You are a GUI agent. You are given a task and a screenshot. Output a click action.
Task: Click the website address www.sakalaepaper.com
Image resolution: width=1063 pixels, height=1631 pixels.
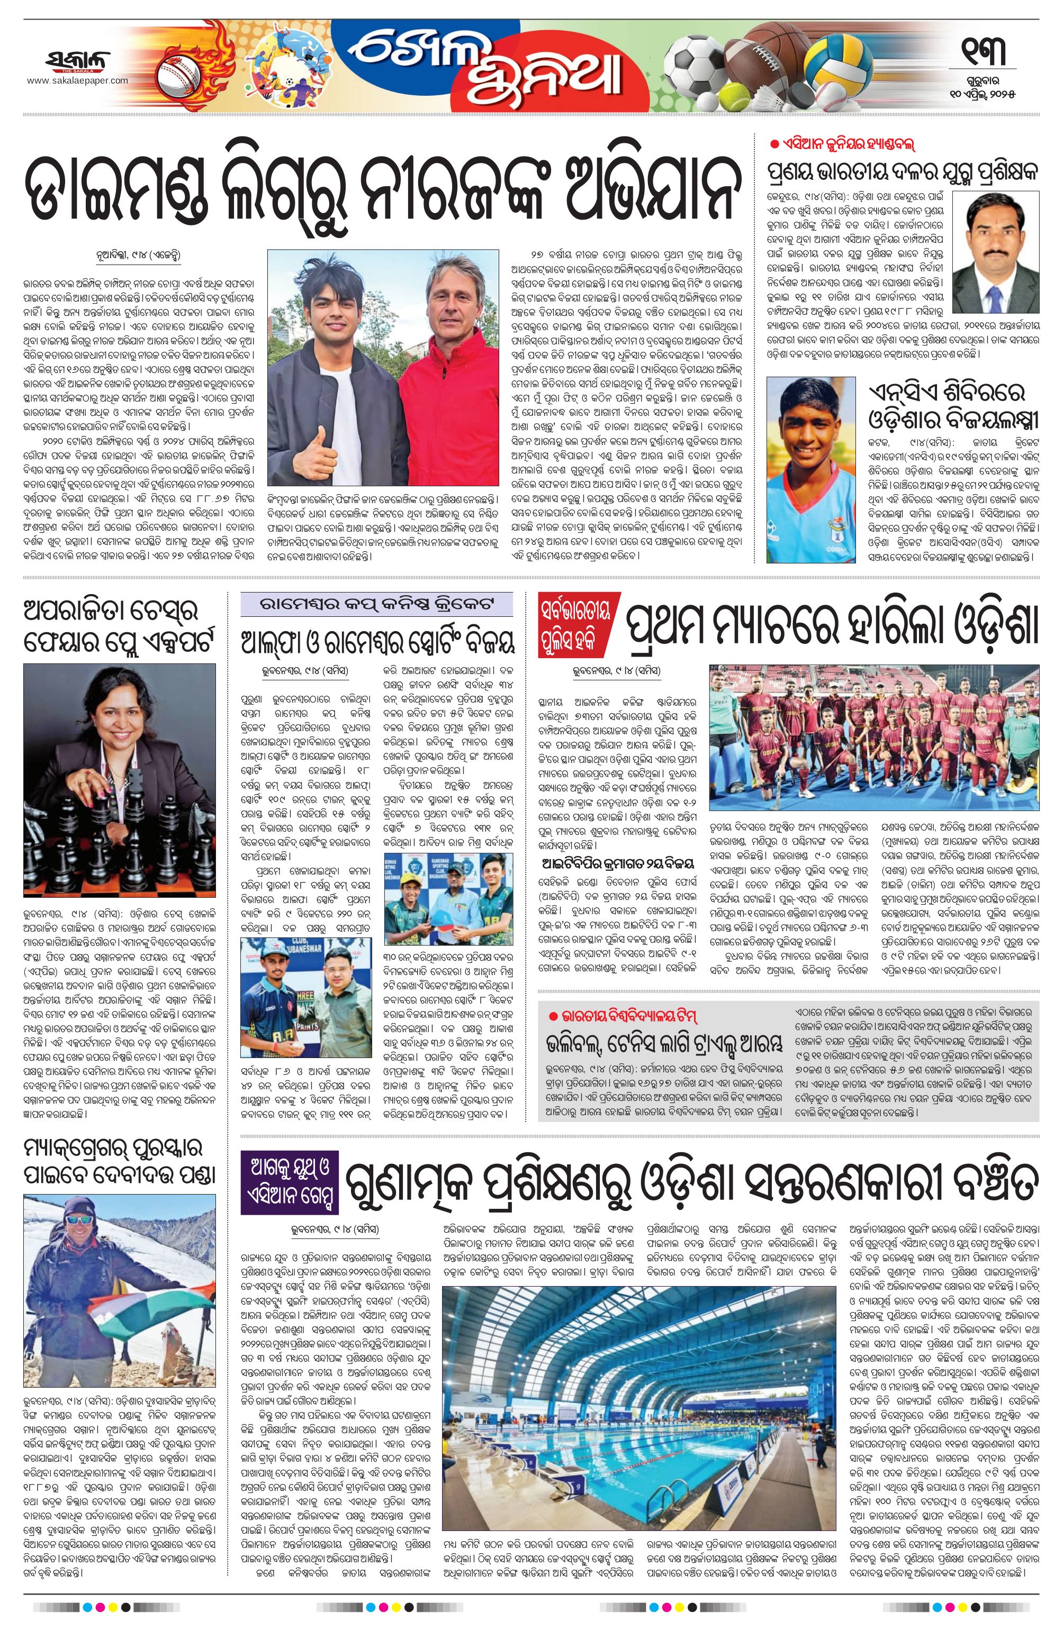point(77,81)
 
